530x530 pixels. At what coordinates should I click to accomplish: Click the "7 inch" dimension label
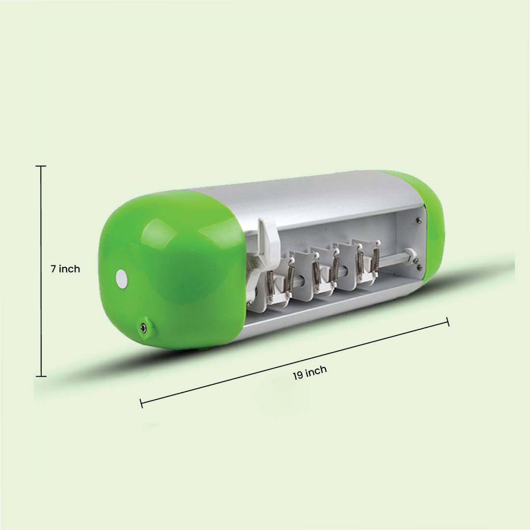pos(65,269)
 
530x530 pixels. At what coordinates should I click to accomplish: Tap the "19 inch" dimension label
pos(310,372)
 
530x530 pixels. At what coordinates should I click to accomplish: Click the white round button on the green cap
pos(122,279)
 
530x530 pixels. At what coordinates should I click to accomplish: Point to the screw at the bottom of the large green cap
pos(144,326)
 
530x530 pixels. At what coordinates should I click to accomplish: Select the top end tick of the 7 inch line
pos(41,166)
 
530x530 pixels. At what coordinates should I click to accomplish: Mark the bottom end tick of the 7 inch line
pos(41,376)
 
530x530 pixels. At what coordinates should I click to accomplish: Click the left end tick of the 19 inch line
pos(141,403)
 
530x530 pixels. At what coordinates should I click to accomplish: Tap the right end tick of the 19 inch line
pos(448,322)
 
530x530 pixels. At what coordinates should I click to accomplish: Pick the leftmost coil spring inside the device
pos(270,286)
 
